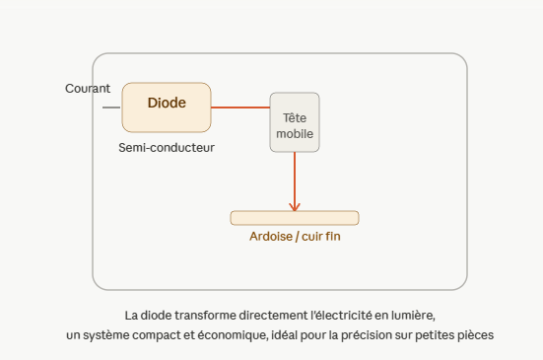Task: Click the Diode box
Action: click(x=167, y=108)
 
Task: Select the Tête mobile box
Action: click(x=295, y=122)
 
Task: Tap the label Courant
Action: click(x=88, y=89)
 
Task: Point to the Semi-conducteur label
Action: click(x=167, y=148)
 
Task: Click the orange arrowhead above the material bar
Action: click(x=295, y=207)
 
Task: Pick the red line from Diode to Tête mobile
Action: click(x=240, y=108)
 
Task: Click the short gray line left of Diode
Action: click(x=111, y=108)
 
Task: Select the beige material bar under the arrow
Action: click(x=295, y=218)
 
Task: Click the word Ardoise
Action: click(x=271, y=237)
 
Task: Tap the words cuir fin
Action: click(x=321, y=237)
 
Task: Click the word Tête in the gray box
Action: click(x=295, y=118)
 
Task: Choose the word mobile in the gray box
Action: click(x=295, y=134)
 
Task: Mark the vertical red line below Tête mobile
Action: click(x=295, y=181)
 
